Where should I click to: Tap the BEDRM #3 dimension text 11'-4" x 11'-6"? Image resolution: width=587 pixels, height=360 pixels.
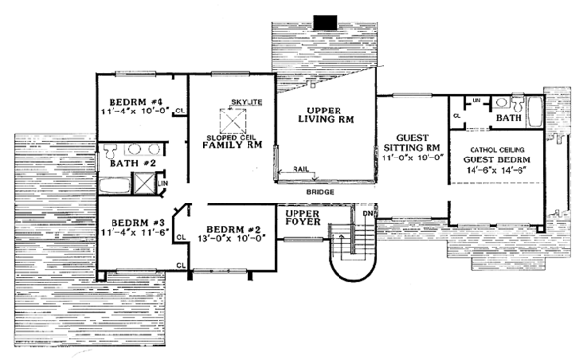click(135, 232)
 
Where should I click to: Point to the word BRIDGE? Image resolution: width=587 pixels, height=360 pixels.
click(319, 193)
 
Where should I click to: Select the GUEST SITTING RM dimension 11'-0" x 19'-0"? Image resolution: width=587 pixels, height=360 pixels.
click(415, 155)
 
